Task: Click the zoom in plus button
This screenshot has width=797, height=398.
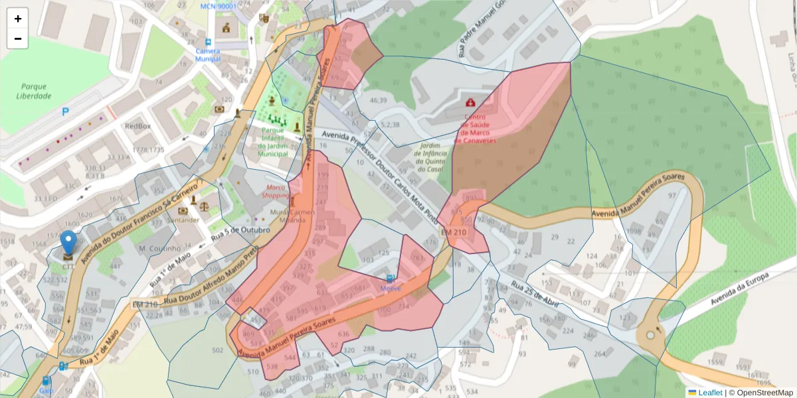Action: click(x=18, y=19)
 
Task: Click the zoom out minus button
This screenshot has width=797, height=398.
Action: click(x=18, y=38)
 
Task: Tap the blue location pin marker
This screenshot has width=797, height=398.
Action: click(x=68, y=243)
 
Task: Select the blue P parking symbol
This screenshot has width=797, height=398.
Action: click(x=65, y=112)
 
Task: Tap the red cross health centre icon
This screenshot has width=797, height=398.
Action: click(x=471, y=103)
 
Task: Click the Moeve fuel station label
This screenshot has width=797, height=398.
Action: click(x=391, y=289)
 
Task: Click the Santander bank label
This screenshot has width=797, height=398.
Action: click(x=183, y=220)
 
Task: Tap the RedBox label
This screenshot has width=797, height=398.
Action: click(x=138, y=125)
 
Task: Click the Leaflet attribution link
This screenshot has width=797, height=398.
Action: click(x=710, y=393)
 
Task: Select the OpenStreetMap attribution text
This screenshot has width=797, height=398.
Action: click(x=760, y=393)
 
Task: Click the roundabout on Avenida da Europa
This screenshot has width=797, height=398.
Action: click(x=650, y=335)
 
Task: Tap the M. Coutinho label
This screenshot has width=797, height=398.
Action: click(x=160, y=248)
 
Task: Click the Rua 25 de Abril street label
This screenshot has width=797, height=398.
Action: click(x=535, y=297)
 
